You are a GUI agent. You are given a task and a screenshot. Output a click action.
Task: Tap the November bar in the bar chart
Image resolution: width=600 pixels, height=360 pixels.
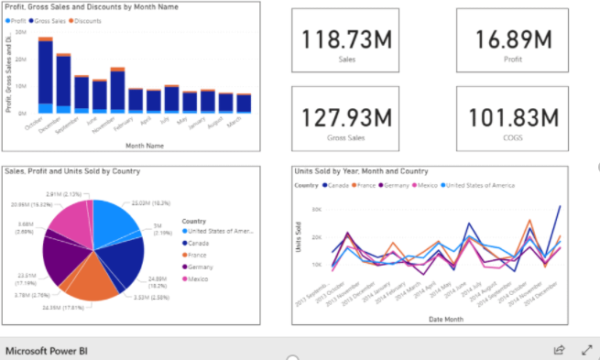click(117, 91)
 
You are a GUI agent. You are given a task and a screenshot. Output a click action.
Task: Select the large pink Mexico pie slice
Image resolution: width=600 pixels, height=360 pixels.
click(66, 221)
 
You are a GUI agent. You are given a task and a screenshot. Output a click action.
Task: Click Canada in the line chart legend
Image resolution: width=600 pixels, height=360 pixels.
click(341, 185)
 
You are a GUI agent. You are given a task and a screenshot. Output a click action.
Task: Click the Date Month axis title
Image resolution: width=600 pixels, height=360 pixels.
click(447, 318)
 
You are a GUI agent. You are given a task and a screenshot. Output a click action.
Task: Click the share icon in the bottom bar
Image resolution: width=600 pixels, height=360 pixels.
click(559, 350)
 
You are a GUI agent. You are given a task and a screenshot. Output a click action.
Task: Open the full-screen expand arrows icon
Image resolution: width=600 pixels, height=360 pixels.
click(586, 350)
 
